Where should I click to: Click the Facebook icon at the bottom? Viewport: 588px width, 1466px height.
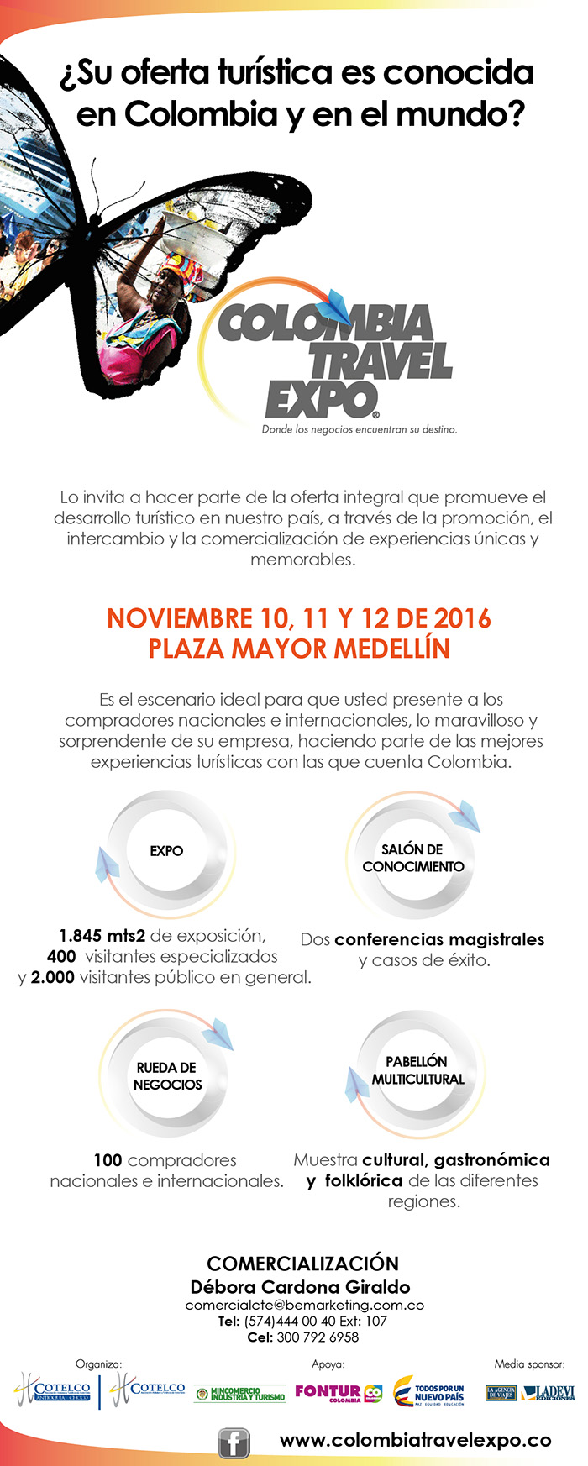click(x=234, y=1442)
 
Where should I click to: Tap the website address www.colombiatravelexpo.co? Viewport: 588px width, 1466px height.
click(x=415, y=1440)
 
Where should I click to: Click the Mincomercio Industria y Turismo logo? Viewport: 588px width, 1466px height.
click(x=239, y=1394)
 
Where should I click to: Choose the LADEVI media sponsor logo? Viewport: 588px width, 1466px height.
click(x=548, y=1393)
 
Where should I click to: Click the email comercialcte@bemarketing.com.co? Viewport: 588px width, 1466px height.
click(x=304, y=1306)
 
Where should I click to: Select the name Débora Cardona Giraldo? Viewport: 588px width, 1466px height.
click(x=300, y=1286)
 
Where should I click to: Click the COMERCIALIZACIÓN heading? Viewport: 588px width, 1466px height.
click(x=302, y=1263)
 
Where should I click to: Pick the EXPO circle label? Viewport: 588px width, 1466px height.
click(x=166, y=851)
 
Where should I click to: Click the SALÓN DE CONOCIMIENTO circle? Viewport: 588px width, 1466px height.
click(x=412, y=858)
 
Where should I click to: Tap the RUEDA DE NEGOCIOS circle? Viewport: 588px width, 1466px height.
click(x=167, y=1076)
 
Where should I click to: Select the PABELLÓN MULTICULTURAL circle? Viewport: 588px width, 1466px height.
click(x=417, y=1070)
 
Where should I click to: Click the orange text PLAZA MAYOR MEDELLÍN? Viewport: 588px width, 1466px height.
click(x=299, y=649)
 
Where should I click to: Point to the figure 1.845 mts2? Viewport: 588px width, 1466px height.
click(x=102, y=936)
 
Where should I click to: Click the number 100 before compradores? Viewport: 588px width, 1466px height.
click(x=108, y=1160)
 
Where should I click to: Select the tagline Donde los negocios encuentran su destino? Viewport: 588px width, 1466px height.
click(x=359, y=429)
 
